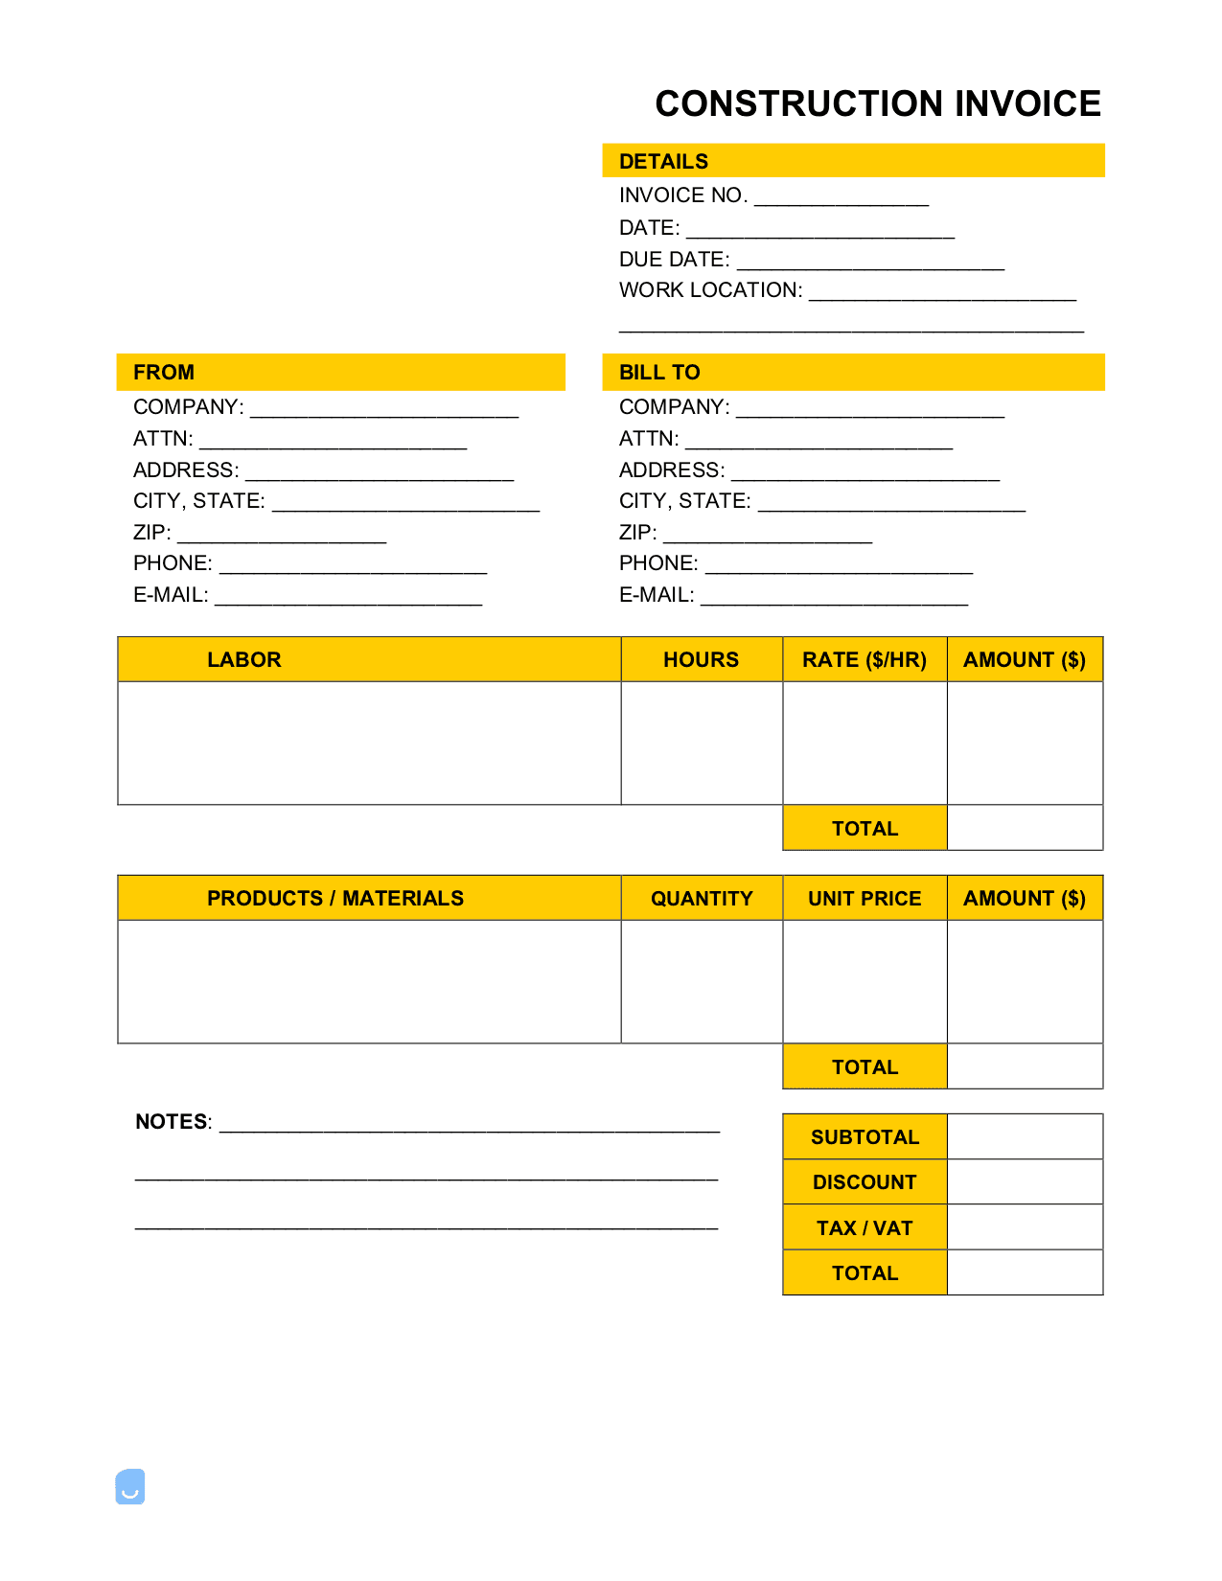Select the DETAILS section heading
pyautogui.click(x=663, y=161)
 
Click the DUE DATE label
pyautogui.click(x=674, y=260)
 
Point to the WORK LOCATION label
pyautogui.click(x=710, y=290)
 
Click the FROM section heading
pyautogui.click(x=164, y=372)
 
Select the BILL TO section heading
pyautogui.click(x=659, y=372)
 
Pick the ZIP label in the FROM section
pyautogui.click(x=151, y=533)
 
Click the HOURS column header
pyautogui.click(x=701, y=659)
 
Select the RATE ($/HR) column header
pyautogui.click(x=864, y=659)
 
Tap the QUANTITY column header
pyautogui.click(x=702, y=898)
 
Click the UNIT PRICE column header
pyautogui.click(x=864, y=898)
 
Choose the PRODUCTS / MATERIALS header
pyautogui.click(x=335, y=898)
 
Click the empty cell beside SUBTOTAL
pyautogui.click(x=1024, y=1136)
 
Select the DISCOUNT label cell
pyautogui.click(x=864, y=1181)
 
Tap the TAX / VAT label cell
pyautogui.click(x=864, y=1227)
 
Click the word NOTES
pyautogui.click(x=172, y=1121)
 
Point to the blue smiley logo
pyautogui.click(x=130, y=1486)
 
